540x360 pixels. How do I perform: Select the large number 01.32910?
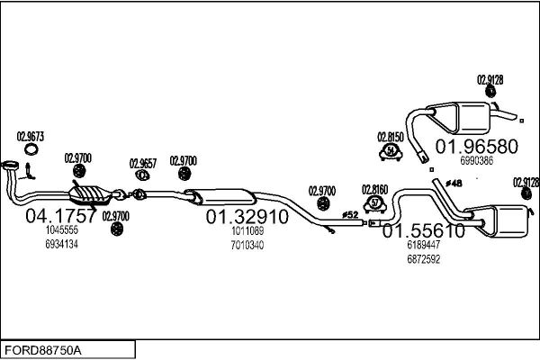click(x=247, y=217)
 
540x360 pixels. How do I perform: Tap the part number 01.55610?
click(x=424, y=229)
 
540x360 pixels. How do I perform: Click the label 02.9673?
click(x=30, y=137)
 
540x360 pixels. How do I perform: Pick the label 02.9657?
click(x=143, y=163)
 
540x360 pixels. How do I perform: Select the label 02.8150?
click(x=391, y=137)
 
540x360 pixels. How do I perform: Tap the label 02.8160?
click(x=375, y=189)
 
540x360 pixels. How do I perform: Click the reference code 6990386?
click(x=476, y=161)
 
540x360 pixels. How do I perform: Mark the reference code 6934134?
click(x=63, y=245)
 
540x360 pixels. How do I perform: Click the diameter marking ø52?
click(x=350, y=214)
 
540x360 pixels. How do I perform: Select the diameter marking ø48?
click(x=454, y=184)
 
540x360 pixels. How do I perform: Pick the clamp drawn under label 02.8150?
click(x=391, y=151)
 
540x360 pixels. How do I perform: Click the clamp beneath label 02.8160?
click(x=375, y=204)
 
